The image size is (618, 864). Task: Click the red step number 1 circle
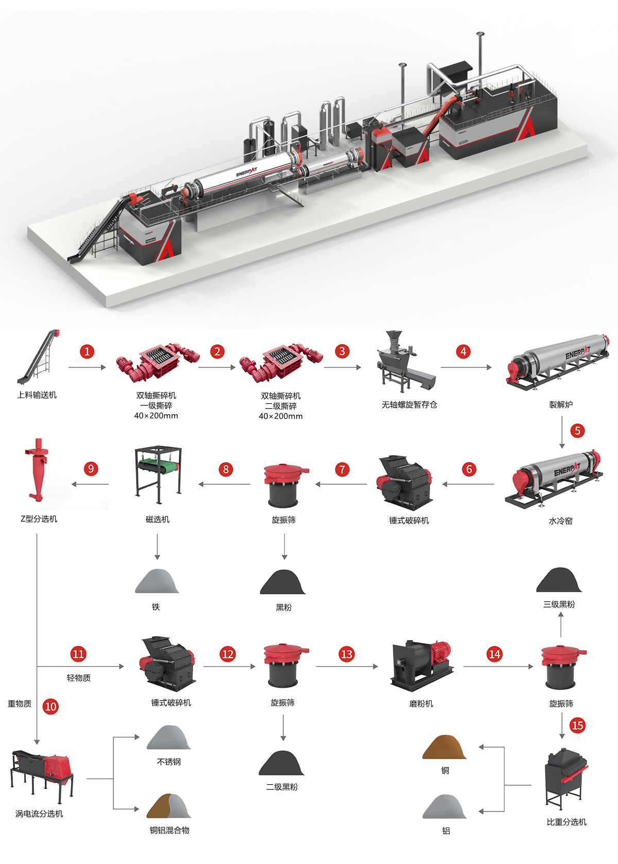pyautogui.click(x=87, y=351)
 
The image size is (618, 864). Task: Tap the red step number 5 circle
pyautogui.click(x=577, y=431)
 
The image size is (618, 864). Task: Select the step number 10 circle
pyautogui.click(x=50, y=707)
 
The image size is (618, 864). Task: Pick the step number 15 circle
pyautogui.click(x=577, y=726)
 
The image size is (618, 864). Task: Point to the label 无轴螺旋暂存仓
pyautogui.click(x=409, y=405)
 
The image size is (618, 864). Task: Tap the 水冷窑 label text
pyautogui.click(x=560, y=521)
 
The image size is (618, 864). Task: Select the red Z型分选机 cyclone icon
pyautogui.click(x=37, y=469)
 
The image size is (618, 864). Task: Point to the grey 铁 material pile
pyautogui.click(x=157, y=581)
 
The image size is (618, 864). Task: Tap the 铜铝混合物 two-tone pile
pyautogui.click(x=169, y=806)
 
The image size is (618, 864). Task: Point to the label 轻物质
pyautogui.click(x=79, y=678)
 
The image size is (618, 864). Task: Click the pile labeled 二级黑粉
pyautogui.click(x=282, y=764)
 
